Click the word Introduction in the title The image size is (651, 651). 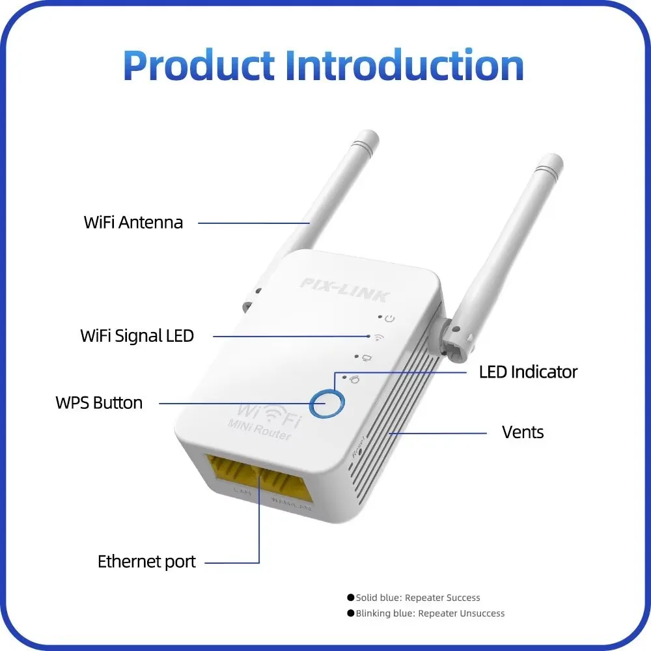point(404,65)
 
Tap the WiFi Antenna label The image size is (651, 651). point(133,223)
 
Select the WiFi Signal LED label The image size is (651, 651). point(137,336)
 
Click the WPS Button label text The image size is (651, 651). point(99,403)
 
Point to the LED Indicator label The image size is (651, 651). point(528,372)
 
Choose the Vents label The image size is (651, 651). point(523,432)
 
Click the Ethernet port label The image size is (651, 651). point(146,562)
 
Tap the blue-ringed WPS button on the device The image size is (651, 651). point(326,405)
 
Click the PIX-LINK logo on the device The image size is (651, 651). point(344,290)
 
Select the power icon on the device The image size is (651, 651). point(390,319)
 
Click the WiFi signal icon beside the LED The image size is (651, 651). point(378,337)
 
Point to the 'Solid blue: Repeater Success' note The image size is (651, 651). point(417,598)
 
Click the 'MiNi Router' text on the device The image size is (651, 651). point(258,430)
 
